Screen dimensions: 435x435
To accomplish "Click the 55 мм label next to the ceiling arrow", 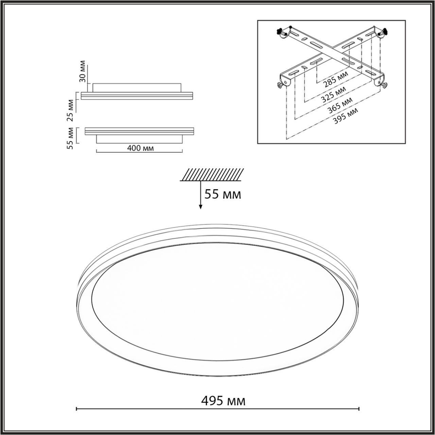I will coord(223,194).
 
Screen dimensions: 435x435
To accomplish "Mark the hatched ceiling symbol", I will coord(211,174).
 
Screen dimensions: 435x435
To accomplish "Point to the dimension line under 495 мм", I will coord(217,409).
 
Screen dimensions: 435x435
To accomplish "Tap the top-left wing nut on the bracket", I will coord(280,31).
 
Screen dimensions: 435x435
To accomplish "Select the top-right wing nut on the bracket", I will coord(385,31).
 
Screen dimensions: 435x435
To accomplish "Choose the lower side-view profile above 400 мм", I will coord(139,133).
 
